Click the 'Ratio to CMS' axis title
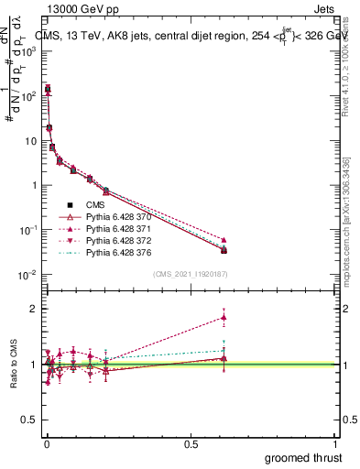point(14,364)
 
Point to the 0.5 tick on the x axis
point(191,443)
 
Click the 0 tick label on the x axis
point(46,443)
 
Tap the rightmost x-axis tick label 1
point(336,443)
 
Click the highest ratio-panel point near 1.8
point(224,318)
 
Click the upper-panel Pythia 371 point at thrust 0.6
point(224,239)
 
